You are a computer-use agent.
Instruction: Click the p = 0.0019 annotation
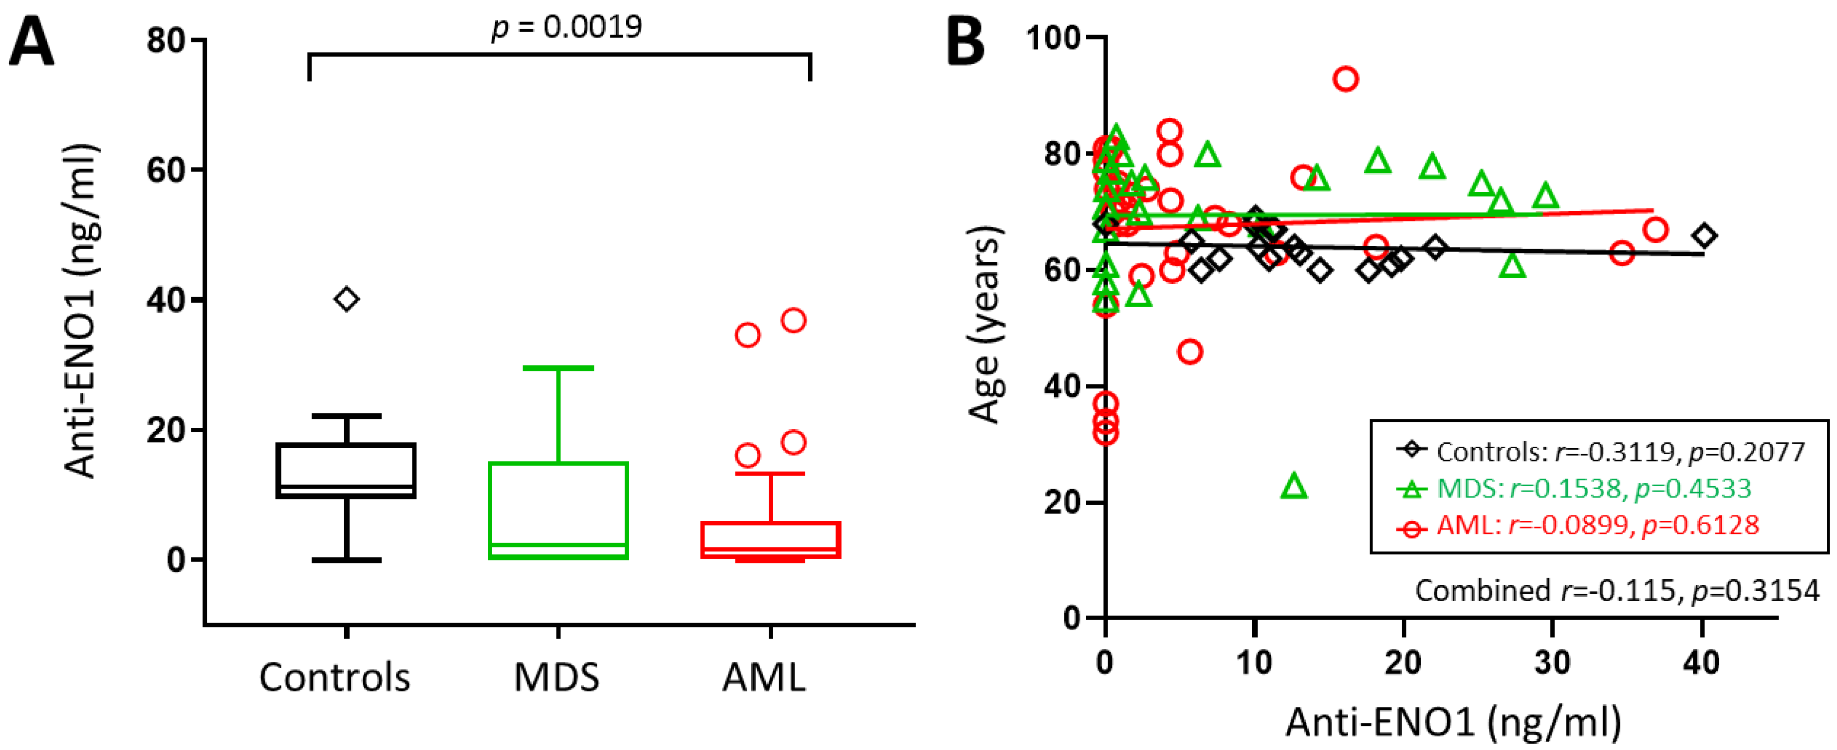click(567, 27)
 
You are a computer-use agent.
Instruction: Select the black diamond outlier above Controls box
click(347, 299)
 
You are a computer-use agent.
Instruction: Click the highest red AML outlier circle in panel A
click(794, 320)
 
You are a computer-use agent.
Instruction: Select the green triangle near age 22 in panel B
click(1294, 487)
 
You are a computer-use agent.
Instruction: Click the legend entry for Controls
click(1601, 451)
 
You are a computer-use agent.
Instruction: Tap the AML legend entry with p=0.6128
click(1576, 525)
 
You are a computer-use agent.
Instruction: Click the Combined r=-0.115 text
click(1616, 590)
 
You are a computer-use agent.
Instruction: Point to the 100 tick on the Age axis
click(1053, 37)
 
